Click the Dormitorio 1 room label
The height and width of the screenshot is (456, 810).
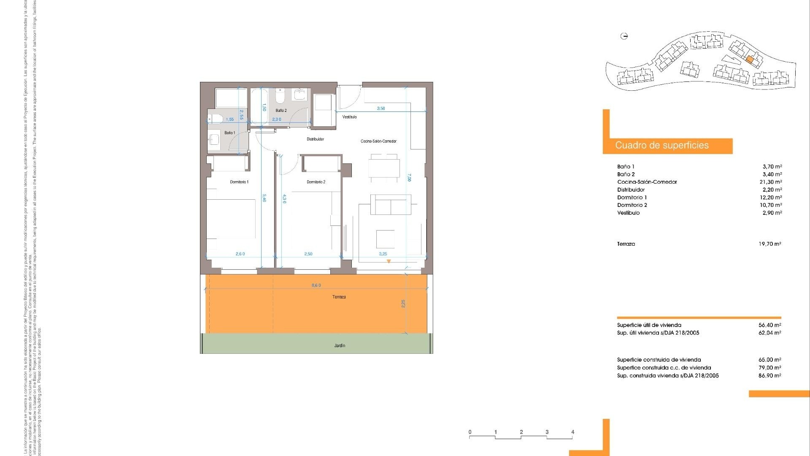click(x=239, y=182)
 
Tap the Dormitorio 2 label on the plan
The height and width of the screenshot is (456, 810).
click(x=316, y=182)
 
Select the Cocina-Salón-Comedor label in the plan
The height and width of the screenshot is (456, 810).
click(x=378, y=141)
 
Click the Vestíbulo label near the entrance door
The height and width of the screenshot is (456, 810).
click(x=349, y=117)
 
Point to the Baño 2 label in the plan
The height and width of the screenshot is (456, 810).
click(x=281, y=111)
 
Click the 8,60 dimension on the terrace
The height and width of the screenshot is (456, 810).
click(x=316, y=285)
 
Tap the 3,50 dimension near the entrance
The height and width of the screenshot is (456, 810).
click(x=381, y=109)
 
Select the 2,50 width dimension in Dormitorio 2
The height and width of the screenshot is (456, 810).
click(x=308, y=254)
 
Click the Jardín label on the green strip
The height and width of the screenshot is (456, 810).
click(x=340, y=345)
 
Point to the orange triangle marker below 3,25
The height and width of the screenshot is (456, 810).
click(x=389, y=261)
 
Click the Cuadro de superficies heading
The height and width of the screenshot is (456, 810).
click(x=661, y=145)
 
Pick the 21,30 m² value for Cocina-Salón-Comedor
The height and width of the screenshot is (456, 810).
click(x=771, y=182)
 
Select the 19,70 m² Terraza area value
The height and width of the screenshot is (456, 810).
click(x=770, y=244)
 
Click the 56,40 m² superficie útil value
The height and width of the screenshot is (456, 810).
click(x=770, y=325)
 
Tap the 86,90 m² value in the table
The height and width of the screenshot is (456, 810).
click(x=770, y=375)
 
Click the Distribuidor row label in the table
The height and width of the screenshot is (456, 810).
click(x=631, y=190)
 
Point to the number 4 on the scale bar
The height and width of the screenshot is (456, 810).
click(x=572, y=432)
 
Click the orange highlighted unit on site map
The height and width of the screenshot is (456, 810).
click(x=749, y=60)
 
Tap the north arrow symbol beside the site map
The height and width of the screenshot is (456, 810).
click(x=624, y=36)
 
